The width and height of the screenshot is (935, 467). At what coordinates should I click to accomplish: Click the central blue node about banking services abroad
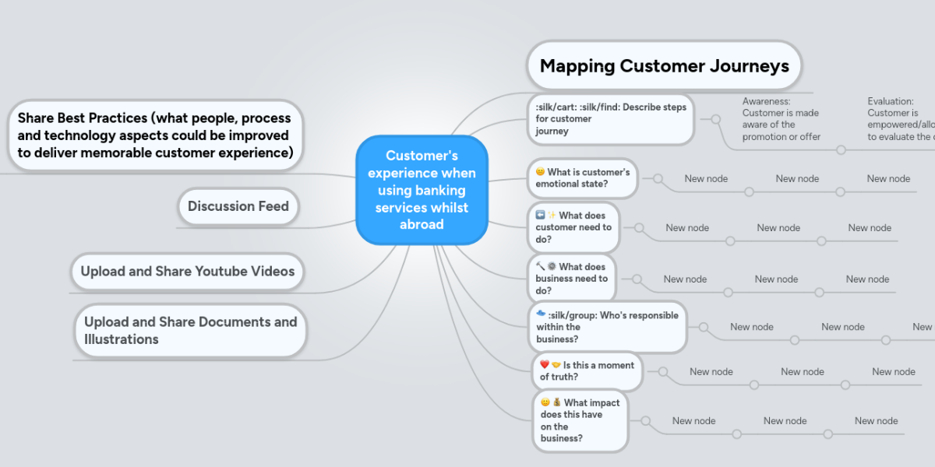click(x=422, y=190)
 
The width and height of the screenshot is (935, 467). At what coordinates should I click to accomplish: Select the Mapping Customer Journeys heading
click(x=664, y=66)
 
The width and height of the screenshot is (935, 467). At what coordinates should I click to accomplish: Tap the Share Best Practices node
click(x=155, y=135)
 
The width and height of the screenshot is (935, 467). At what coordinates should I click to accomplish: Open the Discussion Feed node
click(x=238, y=206)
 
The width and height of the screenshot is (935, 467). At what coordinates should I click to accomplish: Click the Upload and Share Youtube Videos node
click(x=187, y=272)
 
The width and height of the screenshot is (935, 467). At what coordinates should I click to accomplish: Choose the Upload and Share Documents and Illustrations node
click(x=190, y=331)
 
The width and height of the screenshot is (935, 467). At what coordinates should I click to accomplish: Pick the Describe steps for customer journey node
click(x=611, y=119)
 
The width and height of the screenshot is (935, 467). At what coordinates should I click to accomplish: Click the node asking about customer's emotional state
click(x=582, y=178)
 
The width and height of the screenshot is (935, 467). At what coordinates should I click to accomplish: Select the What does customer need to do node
click(x=573, y=227)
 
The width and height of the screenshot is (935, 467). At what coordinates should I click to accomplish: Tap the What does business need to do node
click(x=572, y=279)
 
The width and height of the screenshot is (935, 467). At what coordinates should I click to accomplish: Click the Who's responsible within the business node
click(x=608, y=327)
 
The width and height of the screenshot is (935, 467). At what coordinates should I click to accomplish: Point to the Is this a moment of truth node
click(x=587, y=371)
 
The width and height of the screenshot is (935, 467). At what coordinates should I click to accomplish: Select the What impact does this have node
click(x=580, y=420)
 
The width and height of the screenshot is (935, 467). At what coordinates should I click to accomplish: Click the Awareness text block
click(x=781, y=119)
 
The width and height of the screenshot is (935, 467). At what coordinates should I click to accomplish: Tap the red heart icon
click(x=545, y=365)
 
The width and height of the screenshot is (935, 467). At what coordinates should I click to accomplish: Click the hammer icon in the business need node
click(x=541, y=266)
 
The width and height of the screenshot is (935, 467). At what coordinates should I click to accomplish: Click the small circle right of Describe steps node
click(x=714, y=119)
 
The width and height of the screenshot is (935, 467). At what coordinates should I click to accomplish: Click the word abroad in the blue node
click(x=422, y=224)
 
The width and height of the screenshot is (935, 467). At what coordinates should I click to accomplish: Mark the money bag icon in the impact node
click(x=557, y=402)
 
